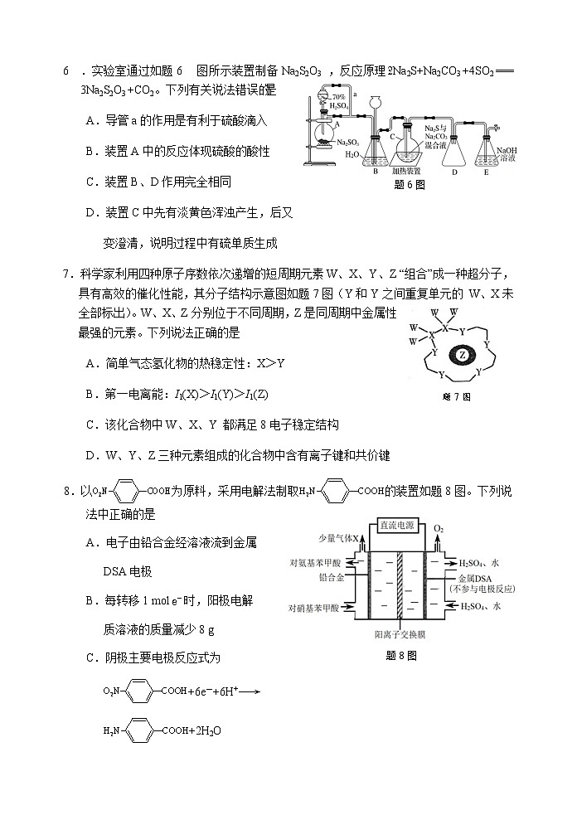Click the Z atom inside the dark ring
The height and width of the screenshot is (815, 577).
tap(463, 357)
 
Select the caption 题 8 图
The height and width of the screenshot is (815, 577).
tap(401, 655)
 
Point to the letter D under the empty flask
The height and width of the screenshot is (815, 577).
tap(455, 172)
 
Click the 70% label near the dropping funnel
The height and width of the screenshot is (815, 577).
tap(337, 98)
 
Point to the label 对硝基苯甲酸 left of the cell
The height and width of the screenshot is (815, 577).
tap(313, 608)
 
